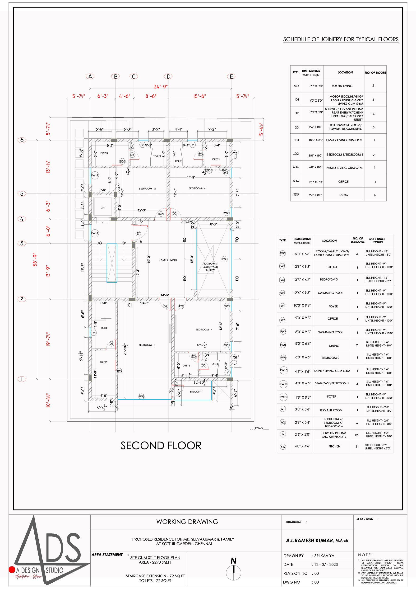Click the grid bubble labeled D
[x=168, y=76]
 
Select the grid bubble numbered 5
[x=22, y=194]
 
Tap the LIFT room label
[x=103, y=208]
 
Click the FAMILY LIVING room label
[x=168, y=260]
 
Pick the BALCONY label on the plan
[x=196, y=391]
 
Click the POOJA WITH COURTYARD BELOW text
[x=210, y=267]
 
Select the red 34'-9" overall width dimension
[x=161, y=87]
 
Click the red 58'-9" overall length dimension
[x=35, y=260]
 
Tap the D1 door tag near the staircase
[x=139, y=233]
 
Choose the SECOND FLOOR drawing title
[x=161, y=446]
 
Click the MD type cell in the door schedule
[x=296, y=86]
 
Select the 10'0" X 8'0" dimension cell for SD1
[x=316, y=140]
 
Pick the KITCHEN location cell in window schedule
[x=334, y=446]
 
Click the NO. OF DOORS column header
[x=375, y=73]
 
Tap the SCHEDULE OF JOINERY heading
[x=341, y=39]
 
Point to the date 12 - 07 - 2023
[x=326, y=565]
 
